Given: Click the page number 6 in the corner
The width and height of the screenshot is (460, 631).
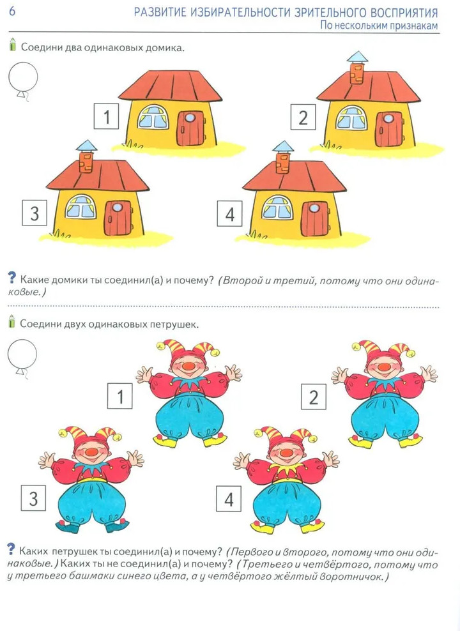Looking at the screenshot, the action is (x=12, y=11).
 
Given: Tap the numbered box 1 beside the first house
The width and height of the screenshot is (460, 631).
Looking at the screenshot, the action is (x=106, y=116).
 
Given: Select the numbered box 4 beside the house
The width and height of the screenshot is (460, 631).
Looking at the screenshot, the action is (x=229, y=213).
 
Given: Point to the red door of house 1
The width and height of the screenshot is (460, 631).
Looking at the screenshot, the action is (x=192, y=128).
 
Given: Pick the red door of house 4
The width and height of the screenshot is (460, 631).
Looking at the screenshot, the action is (x=316, y=218).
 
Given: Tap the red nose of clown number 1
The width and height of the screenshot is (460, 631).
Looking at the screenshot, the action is (x=188, y=367).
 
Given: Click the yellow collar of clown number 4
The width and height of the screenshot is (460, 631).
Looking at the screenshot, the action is (x=286, y=468).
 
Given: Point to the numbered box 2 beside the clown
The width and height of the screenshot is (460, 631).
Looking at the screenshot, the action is (x=314, y=397).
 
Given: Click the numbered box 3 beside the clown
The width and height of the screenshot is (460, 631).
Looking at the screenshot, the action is (x=33, y=498).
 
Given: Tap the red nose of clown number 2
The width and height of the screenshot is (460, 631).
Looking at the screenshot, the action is (x=383, y=367).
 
